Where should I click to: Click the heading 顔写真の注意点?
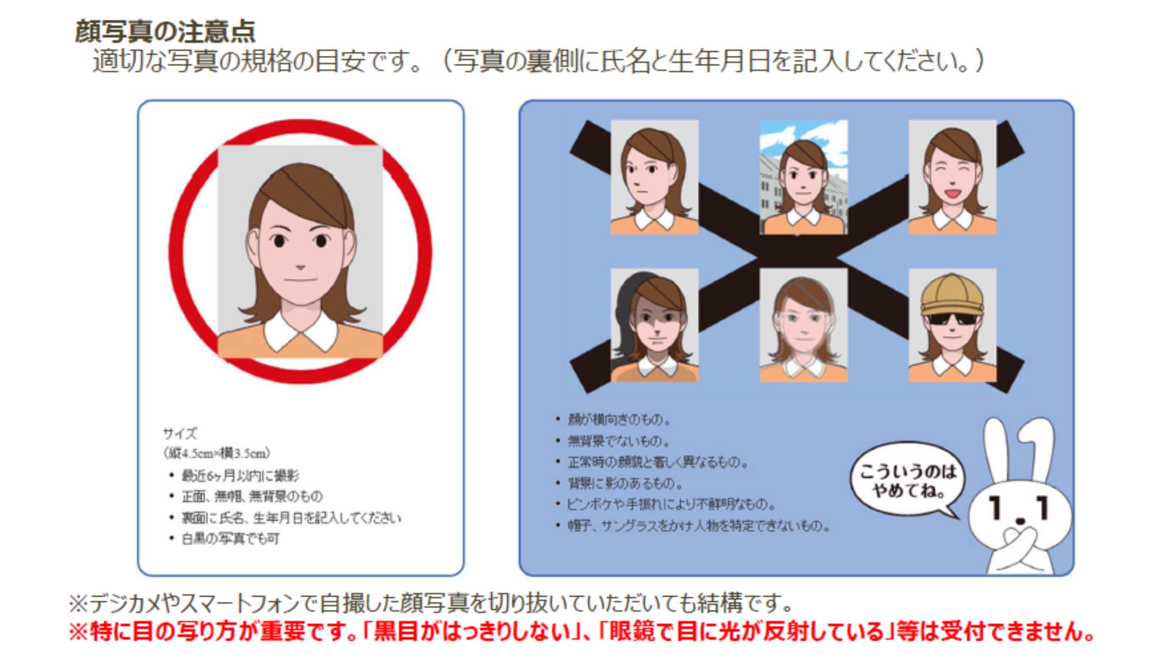165,32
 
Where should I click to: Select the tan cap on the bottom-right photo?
952,295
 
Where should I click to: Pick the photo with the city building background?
803,177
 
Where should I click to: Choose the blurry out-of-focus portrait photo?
803,325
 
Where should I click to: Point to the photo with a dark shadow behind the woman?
654,325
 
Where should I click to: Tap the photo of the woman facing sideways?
654,177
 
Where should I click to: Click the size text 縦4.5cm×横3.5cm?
217,453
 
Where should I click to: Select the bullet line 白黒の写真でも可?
231,539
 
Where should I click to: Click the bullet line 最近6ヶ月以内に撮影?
240,476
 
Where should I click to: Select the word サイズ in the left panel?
180,433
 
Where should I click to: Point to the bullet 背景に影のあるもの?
625,483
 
